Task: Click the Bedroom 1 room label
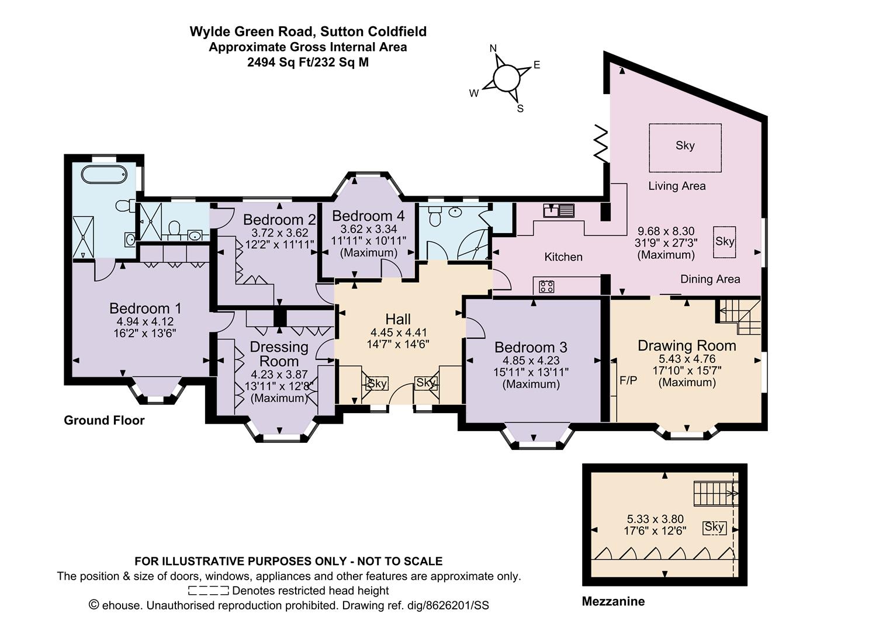(x=145, y=308)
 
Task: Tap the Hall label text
(x=398, y=319)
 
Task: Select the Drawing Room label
(x=687, y=346)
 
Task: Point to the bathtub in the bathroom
(x=104, y=174)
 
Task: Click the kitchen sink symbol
(x=559, y=210)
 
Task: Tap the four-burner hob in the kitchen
(x=546, y=286)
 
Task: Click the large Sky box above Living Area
(x=685, y=147)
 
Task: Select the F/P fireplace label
(x=628, y=381)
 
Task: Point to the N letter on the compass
(x=493, y=48)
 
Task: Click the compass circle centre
(x=506, y=78)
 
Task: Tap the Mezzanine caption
(x=613, y=601)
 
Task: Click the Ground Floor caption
(x=104, y=420)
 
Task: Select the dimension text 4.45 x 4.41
(x=398, y=332)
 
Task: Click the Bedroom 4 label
(x=368, y=216)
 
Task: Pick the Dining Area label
(x=710, y=279)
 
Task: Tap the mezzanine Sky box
(x=714, y=528)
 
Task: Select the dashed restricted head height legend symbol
(x=208, y=590)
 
